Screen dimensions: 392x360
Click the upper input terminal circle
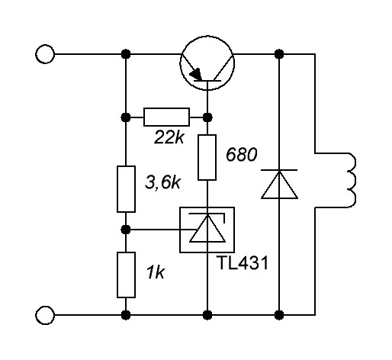coord(45,54)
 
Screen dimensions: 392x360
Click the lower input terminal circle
coord(45,315)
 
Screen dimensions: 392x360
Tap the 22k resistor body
coord(166,117)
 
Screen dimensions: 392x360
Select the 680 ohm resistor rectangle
coord(207,157)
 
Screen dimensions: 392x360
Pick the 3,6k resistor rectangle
coord(126,189)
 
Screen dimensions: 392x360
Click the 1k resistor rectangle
coord(126,275)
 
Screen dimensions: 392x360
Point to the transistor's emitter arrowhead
coord(197,74)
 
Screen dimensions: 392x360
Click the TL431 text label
coord(243,263)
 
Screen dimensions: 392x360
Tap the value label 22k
coord(169,137)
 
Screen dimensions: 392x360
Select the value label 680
coord(242,155)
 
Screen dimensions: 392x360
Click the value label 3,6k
coord(162,182)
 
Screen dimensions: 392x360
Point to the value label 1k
coord(156,272)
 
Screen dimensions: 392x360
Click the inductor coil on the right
coord(352,180)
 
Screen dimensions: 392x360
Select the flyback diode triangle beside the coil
coord(279,185)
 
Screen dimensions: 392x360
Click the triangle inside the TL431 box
coord(207,229)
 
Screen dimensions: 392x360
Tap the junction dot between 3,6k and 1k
coord(126,230)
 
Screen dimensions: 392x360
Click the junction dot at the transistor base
coord(207,117)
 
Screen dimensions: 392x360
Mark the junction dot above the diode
coord(279,54)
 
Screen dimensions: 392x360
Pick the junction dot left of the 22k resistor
coord(126,117)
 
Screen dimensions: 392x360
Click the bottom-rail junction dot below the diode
coord(279,315)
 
